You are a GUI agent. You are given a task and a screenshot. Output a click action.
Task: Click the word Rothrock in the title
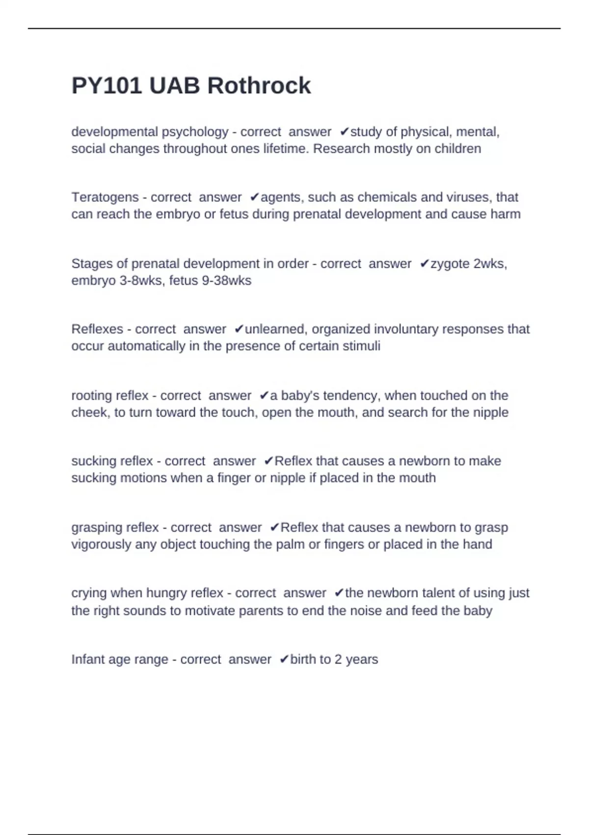259,86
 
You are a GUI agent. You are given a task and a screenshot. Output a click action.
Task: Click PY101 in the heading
107,86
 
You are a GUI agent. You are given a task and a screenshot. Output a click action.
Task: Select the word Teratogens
105,197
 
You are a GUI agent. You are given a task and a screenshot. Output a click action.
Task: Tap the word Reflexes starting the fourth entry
97,329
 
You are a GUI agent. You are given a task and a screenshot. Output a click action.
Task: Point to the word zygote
450,264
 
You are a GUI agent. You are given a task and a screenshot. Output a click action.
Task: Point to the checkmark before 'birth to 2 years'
284,660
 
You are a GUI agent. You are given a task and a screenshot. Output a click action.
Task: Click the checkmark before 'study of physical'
344,132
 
